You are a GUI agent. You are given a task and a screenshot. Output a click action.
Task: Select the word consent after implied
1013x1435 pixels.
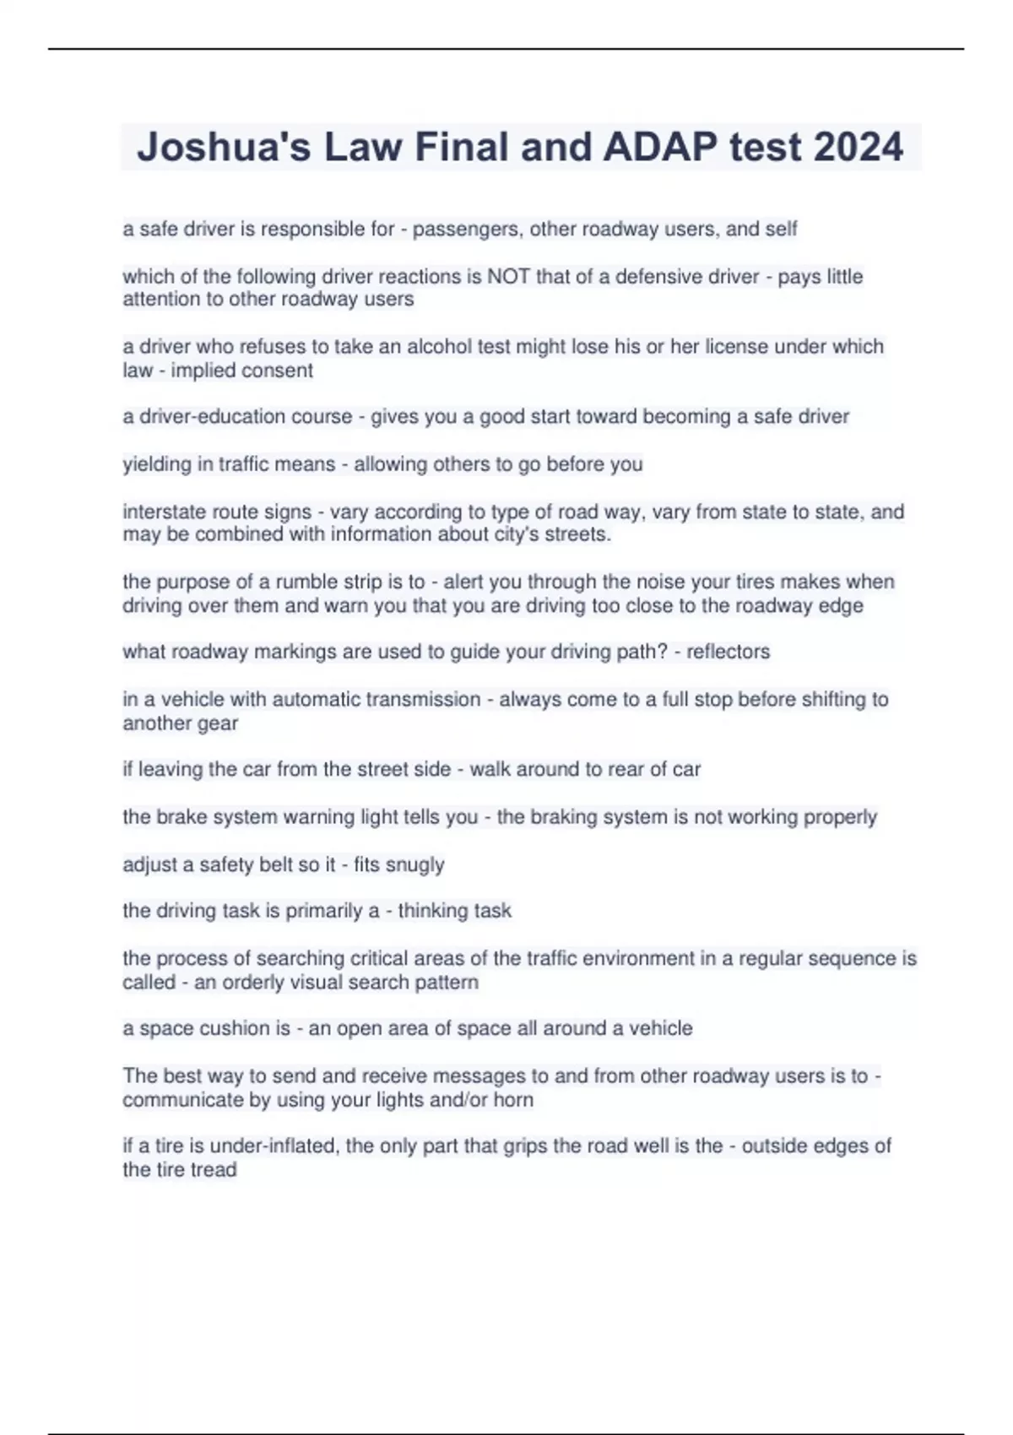tap(278, 371)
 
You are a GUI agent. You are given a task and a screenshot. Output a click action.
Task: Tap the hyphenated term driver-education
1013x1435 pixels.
tap(237, 417)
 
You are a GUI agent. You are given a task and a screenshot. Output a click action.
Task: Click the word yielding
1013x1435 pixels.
tap(157, 464)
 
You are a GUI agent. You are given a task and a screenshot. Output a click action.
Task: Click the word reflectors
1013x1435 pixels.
tap(728, 652)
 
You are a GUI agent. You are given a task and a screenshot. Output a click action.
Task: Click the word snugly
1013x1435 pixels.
tap(414, 864)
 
